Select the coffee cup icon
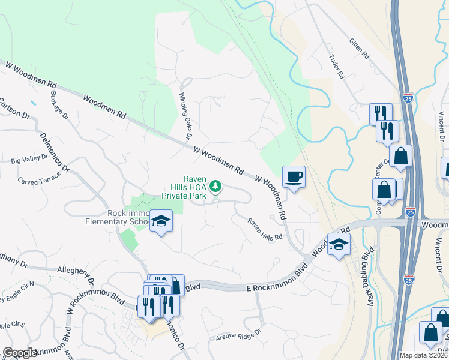click(294, 177)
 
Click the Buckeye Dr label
click(59, 105)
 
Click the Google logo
click(20, 353)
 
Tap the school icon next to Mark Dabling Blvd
click(339, 245)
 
